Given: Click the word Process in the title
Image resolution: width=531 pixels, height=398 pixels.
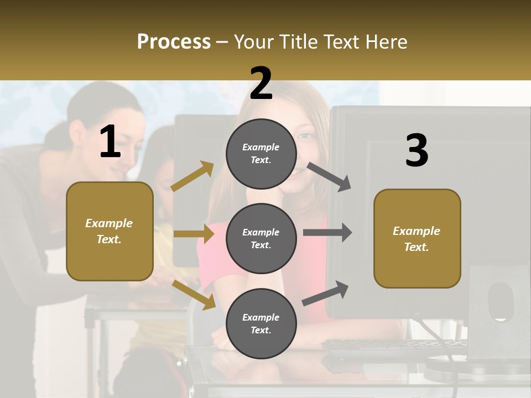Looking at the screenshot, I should [x=174, y=42].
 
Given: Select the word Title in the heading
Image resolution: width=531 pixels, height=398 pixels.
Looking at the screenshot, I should [x=296, y=42].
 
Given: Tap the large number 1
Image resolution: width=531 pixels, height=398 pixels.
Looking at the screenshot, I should [x=110, y=143].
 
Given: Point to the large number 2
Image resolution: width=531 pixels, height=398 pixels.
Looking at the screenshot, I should [x=261, y=83].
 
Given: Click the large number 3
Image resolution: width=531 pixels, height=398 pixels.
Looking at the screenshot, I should [x=417, y=151].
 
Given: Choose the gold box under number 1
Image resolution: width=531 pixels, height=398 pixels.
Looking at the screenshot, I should [x=110, y=231].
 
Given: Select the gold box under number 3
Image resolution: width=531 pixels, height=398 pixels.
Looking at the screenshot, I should [x=417, y=238].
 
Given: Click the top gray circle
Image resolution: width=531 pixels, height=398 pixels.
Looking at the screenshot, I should [x=261, y=154].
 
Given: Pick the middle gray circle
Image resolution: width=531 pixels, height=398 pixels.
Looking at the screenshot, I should [x=261, y=238].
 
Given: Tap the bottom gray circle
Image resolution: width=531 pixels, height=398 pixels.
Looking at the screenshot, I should [x=261, y=323].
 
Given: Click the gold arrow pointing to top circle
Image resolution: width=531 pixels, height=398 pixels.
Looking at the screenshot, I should [x=192, y=176].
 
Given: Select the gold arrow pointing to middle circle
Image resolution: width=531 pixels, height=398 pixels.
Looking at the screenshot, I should [x=194, y=234].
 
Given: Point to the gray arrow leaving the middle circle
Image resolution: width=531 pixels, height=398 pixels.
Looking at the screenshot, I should [x=327, y=233].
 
